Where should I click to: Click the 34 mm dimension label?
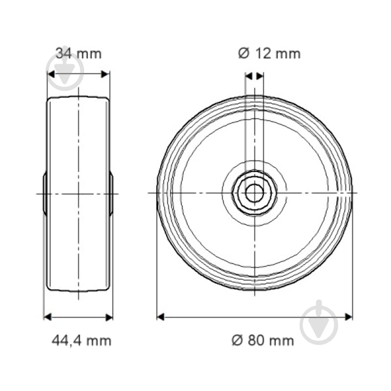point(79,54)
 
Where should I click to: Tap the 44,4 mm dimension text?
point(82,341)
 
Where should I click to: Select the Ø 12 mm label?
point(269,54)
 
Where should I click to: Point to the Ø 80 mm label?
point(263,341)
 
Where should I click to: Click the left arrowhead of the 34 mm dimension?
point(51,74)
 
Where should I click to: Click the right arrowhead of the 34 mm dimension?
point(105,74)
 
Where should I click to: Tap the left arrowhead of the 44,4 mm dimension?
point(47,317)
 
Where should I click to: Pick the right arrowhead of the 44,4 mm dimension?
point(109,317)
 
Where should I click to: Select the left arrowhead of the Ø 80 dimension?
point(161,317)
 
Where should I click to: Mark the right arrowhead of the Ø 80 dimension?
point(348,317)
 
